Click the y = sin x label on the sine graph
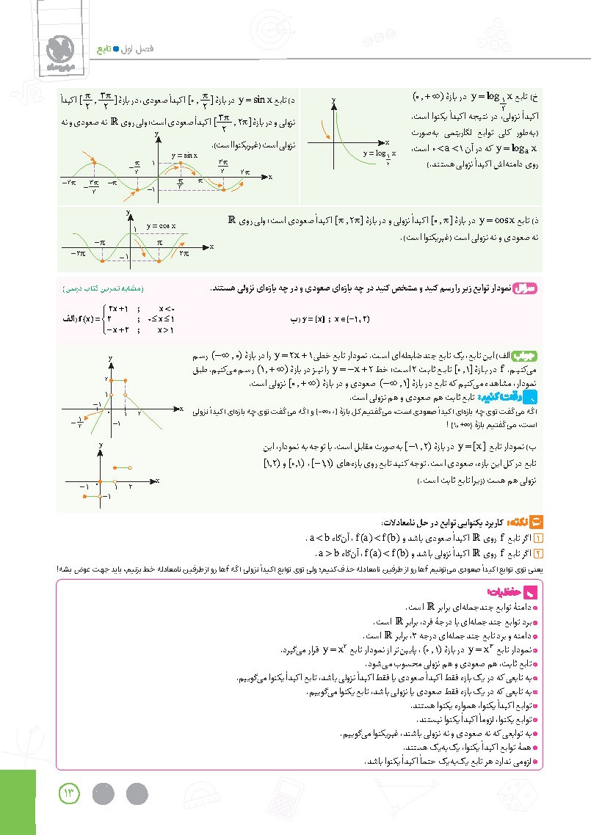point(185,156)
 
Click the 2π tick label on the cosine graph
point(184,253)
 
